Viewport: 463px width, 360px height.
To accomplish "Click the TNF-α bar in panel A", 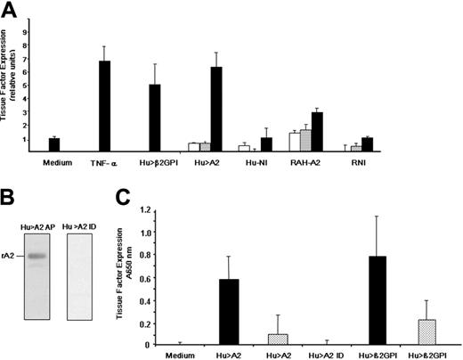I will (x=103, y=106).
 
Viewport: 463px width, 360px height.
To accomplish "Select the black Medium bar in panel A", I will (x=53, y=145).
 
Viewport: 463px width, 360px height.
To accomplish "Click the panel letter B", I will (x=10, y=192).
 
